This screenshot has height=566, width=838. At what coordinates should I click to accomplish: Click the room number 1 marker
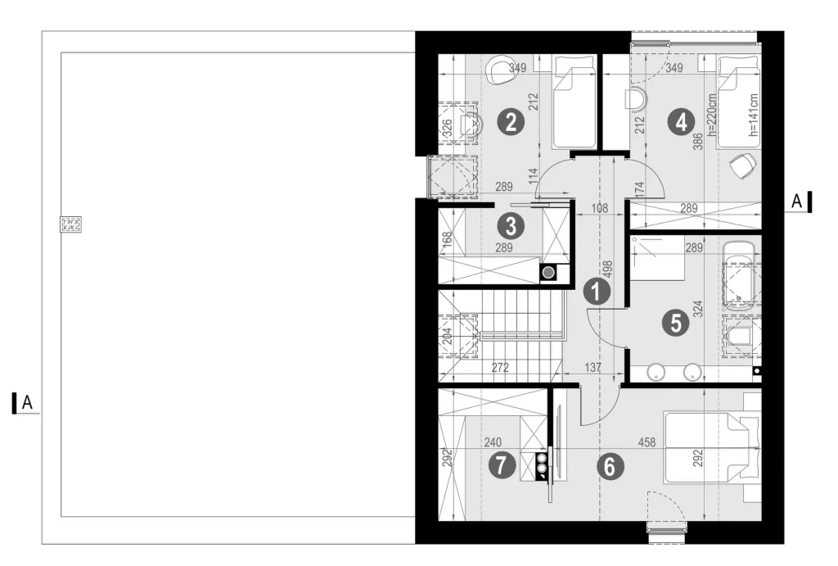coord(597,292)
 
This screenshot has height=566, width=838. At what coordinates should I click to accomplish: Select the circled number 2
coord(511,122)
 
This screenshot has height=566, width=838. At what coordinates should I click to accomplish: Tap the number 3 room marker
coord(511,226)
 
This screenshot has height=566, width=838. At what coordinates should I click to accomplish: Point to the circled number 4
coord(682,123)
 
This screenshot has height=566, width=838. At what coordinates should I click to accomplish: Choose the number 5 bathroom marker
coord(675,323)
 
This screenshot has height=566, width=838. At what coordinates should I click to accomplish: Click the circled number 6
coord(610,466)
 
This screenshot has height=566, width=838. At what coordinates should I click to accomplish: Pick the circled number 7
coord(502,465)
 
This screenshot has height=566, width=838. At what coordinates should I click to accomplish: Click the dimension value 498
coord(607,269)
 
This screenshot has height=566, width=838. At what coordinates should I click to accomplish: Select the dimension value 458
coord(647,442)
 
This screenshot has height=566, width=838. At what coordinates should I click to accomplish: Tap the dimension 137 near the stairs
coord(592,368)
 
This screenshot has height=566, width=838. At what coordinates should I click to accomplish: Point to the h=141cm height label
coord(754,115)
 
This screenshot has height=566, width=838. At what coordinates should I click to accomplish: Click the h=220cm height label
coord(711,115)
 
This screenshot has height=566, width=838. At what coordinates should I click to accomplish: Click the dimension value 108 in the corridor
coord(599,208)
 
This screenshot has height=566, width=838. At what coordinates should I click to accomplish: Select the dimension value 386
coord(698,141)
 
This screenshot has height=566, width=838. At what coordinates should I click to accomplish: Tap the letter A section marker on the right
coord(796,201)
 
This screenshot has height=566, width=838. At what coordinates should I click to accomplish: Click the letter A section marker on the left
coord(27,402)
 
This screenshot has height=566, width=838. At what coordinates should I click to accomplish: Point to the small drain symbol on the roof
coord(70,224)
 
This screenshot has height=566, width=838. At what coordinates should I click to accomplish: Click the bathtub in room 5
coord(739,275)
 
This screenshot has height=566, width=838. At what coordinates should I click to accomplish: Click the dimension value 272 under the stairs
coord(500,368)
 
